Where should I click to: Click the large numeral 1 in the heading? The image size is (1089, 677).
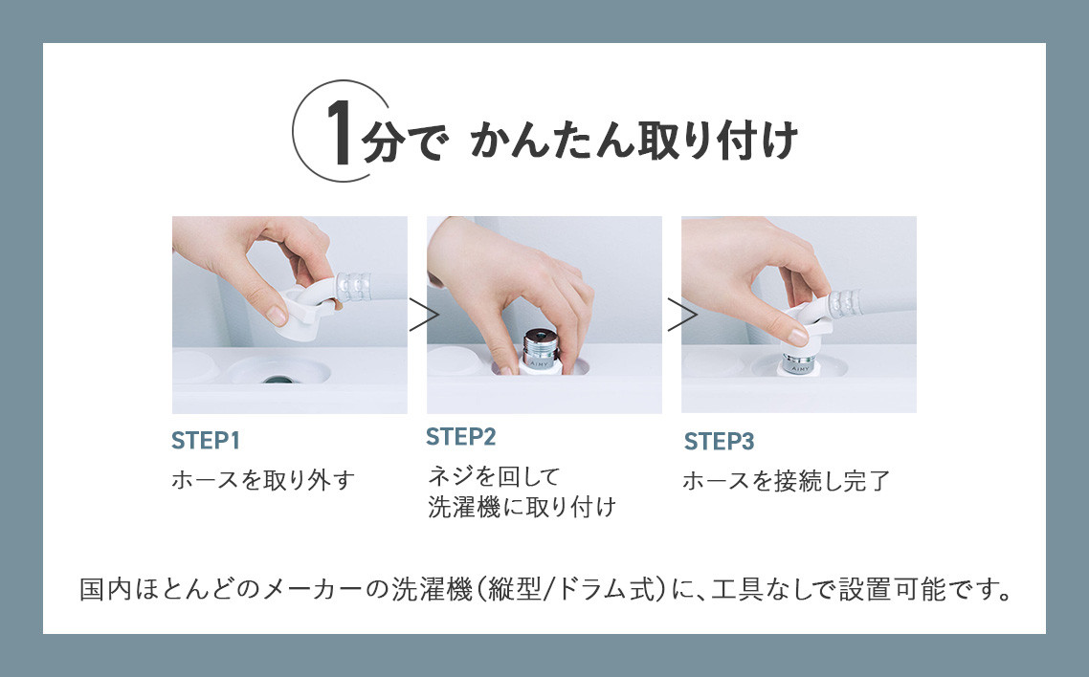(x=341, y=133)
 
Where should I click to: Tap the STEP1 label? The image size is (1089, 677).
(x=206, y=441)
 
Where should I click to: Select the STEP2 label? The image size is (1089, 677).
(x=460, y=437)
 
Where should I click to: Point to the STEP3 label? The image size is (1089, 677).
(x=719, y=441)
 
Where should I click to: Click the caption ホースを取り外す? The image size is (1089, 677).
(x=263, y=480)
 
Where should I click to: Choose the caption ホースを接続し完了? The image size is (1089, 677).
(x=787, y=481)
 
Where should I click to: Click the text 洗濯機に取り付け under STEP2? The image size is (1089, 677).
(x=522, y=507)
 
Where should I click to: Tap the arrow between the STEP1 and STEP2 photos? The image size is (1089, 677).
(x=424, y=315)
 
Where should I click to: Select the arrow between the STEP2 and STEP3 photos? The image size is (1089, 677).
(x=682, y=315)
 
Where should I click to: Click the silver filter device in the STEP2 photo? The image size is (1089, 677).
(x=541, y=351)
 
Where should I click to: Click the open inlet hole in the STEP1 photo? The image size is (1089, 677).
(x=278, y=380)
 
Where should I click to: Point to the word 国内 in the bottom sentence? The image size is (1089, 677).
(x=105, y=590)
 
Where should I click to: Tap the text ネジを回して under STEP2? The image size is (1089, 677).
(x=494, y=476)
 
